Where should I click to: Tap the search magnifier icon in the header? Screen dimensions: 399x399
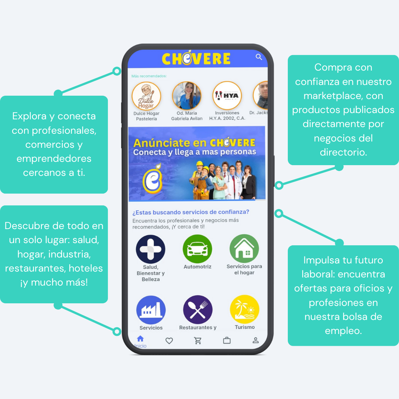[x=259, y=57]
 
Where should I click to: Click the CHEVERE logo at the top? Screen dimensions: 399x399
[x=196, y=59]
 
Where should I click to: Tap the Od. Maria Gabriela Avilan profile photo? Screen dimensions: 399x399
[x=187, y=96]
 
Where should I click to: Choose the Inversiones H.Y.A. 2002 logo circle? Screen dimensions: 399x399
[x=227, y=96]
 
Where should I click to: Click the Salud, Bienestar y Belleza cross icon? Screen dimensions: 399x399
[x=150, y=249]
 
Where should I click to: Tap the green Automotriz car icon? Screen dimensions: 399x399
[x=197, y=249]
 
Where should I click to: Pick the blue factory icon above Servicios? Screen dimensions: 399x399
[x=151, y=310]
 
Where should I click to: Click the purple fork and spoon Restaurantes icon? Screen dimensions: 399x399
[x=198, y=310]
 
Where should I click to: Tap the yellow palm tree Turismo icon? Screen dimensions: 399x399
[x=245, y=309]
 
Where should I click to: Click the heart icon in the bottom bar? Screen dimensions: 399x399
[x=169, y=341]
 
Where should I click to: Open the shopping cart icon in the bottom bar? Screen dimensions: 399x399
[x=198, y=341]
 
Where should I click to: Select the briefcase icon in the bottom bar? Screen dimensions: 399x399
[x=227, y=341]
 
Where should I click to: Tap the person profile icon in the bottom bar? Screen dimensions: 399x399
[x=256, y=341]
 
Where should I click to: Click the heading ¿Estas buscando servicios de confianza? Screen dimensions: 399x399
[x=191, y=212]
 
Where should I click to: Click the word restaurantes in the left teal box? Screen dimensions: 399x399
[x=35, y=268]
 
